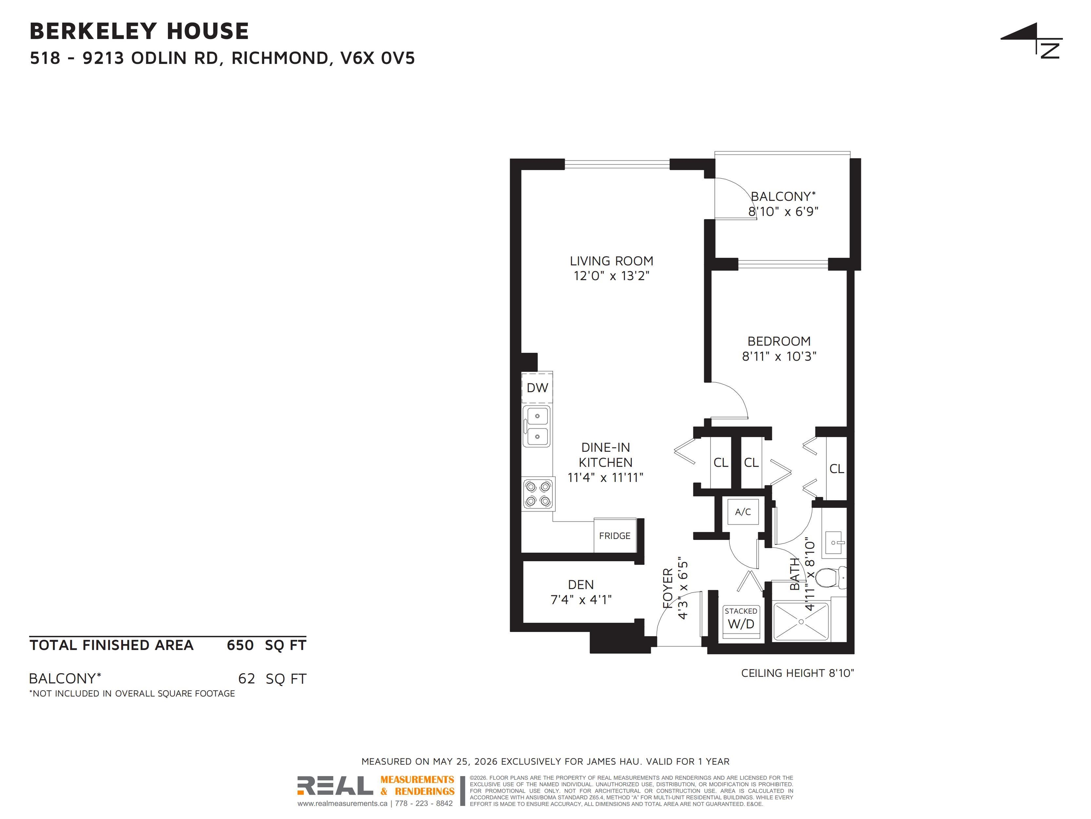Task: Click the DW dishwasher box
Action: pos(537,388)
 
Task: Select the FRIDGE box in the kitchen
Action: pos(615,536)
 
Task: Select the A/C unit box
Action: pos(743,512)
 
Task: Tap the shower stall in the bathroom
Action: pos(801,622)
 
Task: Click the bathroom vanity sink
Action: pos(835,543)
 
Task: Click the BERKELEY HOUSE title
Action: pos(139,31)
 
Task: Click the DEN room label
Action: pos(581,585)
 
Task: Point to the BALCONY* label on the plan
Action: pos(783,196)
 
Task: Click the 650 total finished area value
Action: pos(240,645)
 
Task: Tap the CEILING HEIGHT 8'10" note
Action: pos(798,673)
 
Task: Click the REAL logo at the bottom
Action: pos(335,786)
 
